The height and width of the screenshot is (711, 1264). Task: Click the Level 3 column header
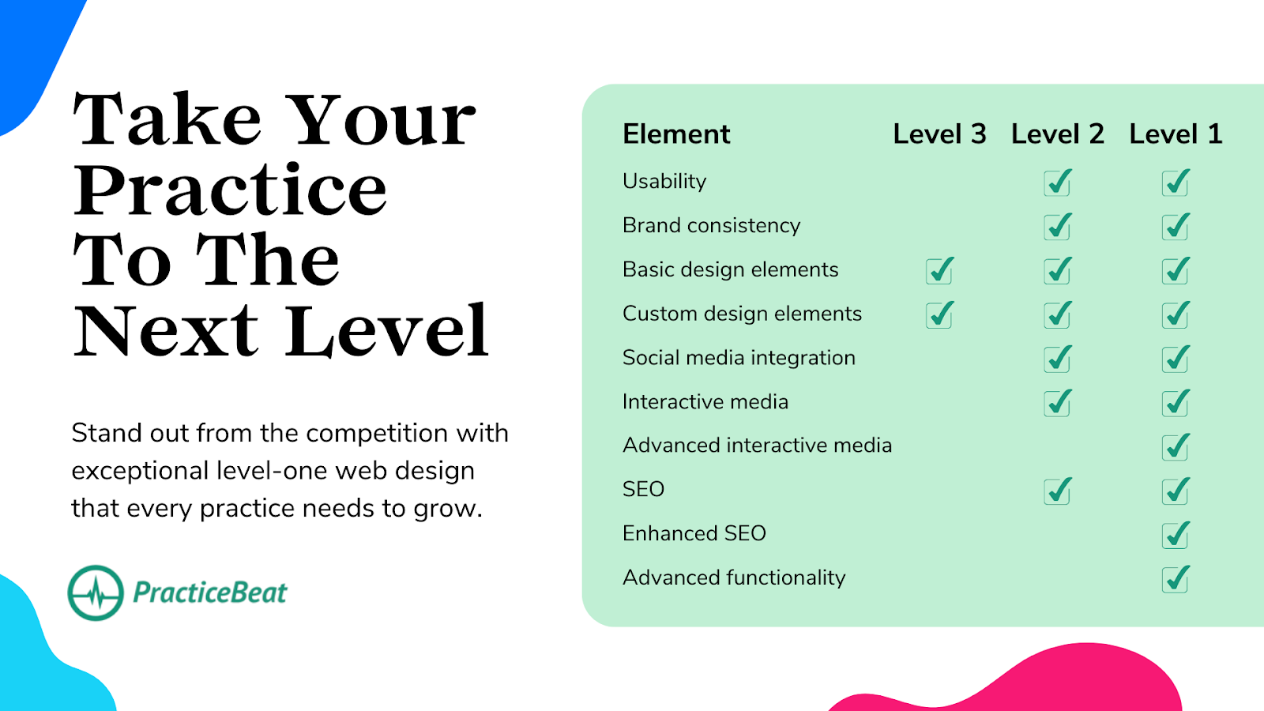coord(939,134)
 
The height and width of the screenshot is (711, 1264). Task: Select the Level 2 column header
coord(1058,134)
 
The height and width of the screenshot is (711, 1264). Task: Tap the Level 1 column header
coord(1176,134)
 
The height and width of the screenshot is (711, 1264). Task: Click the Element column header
coord(676,134)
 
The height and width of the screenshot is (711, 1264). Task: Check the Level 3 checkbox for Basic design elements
coord(939,270)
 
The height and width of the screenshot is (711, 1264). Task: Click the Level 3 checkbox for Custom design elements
coord(939,314)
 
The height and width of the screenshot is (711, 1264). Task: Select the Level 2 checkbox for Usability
coord(1058,182)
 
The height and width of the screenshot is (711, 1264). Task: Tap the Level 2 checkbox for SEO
coord(1058,491)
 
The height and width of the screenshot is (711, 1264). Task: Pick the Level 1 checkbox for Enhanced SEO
coord(1176,534)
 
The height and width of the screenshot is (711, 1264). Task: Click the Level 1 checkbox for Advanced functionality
coord(1176,578)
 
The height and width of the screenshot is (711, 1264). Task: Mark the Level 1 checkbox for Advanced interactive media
coord(1176,446)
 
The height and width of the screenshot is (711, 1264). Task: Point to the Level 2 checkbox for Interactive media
coord(1058,402)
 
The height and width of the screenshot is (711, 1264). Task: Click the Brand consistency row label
coord(711,226)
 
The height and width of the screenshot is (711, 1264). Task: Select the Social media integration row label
coord(739,358)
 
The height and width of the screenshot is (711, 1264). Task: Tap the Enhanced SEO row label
coord(694,533)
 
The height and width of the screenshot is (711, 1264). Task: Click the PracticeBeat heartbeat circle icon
coord(96,592)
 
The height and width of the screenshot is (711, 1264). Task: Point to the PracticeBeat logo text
coord(210,592)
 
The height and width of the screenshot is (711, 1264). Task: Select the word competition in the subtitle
coord(378,434)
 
